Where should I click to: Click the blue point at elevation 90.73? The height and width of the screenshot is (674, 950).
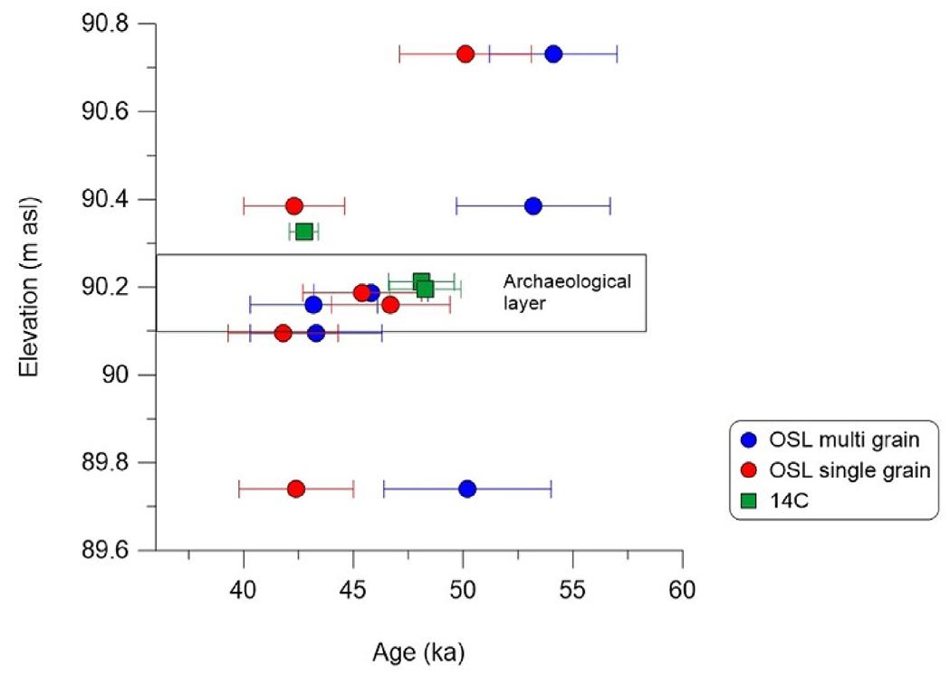(x=553, y=53)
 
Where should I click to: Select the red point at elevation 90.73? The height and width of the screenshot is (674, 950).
(x=465, y=53)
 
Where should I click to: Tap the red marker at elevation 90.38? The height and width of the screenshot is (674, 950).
(x=294, y=206)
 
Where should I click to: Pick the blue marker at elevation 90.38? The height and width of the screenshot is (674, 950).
(x=533, y=206)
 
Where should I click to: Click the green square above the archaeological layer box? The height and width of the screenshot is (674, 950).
(x=304, y=232)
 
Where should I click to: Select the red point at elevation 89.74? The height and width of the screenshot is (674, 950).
(x=296, y=489)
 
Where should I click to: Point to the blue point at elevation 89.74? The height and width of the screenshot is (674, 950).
(x=467, y=489)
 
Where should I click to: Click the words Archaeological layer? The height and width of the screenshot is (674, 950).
(x=566, y=292)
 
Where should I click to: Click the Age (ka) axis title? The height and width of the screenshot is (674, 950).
(x=418, y=651)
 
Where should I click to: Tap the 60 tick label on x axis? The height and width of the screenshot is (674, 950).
(x=682, y=588)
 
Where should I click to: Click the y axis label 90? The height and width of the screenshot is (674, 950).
(x=126, y=375)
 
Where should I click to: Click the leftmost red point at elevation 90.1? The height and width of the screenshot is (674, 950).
(x=283, y=333)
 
